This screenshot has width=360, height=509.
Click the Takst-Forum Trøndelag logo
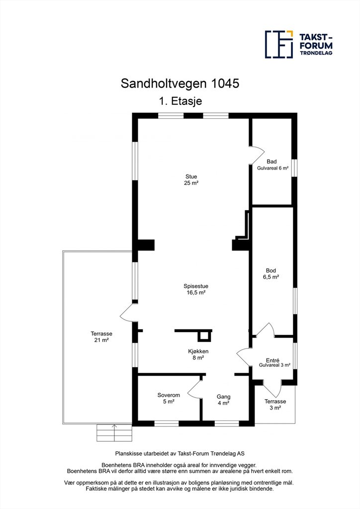point(299,44)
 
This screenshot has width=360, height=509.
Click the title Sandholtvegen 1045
point(180,84)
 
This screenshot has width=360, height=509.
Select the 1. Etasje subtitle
point(180,101)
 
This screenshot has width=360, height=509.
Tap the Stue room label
point(191,176)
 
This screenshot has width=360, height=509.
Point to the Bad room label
point(271,162)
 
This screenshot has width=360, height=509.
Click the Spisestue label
point(196,286)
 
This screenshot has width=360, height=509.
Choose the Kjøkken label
point(198,351)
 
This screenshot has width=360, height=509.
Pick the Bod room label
point(270,270)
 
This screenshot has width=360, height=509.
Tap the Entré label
point(272,360)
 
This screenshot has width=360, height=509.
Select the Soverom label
point(169,395)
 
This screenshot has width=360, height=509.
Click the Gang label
point(224,397)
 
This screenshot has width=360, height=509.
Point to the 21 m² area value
point(101,340)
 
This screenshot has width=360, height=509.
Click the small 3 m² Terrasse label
point(275,405)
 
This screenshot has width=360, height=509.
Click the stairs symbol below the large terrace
point(114,433)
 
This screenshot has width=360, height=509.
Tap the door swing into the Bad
point(257,155)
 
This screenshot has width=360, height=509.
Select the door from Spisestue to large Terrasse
point(128,313)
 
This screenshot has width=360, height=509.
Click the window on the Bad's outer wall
point(294,168)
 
